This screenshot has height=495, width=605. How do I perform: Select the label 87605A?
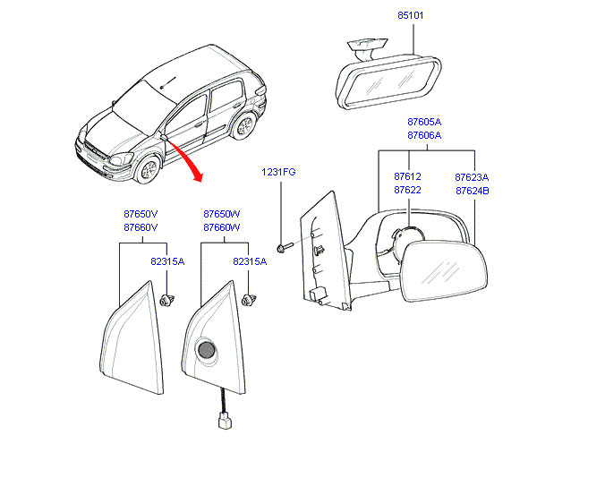424,122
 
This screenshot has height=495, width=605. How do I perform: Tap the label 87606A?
424,135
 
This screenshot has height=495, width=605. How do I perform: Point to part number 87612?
407,177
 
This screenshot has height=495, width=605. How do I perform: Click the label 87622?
407,191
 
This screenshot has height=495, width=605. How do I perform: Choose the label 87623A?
472,177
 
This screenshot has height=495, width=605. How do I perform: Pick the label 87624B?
472,191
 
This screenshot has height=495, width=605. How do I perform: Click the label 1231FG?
278,171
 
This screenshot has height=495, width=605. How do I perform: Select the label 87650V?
141,214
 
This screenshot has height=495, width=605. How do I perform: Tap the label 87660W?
222,227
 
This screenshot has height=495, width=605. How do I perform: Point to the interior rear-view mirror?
390,80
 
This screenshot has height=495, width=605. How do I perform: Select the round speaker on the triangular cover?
207,352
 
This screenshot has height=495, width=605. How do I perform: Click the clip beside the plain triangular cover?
166,299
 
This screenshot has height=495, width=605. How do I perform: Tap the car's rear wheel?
242,125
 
